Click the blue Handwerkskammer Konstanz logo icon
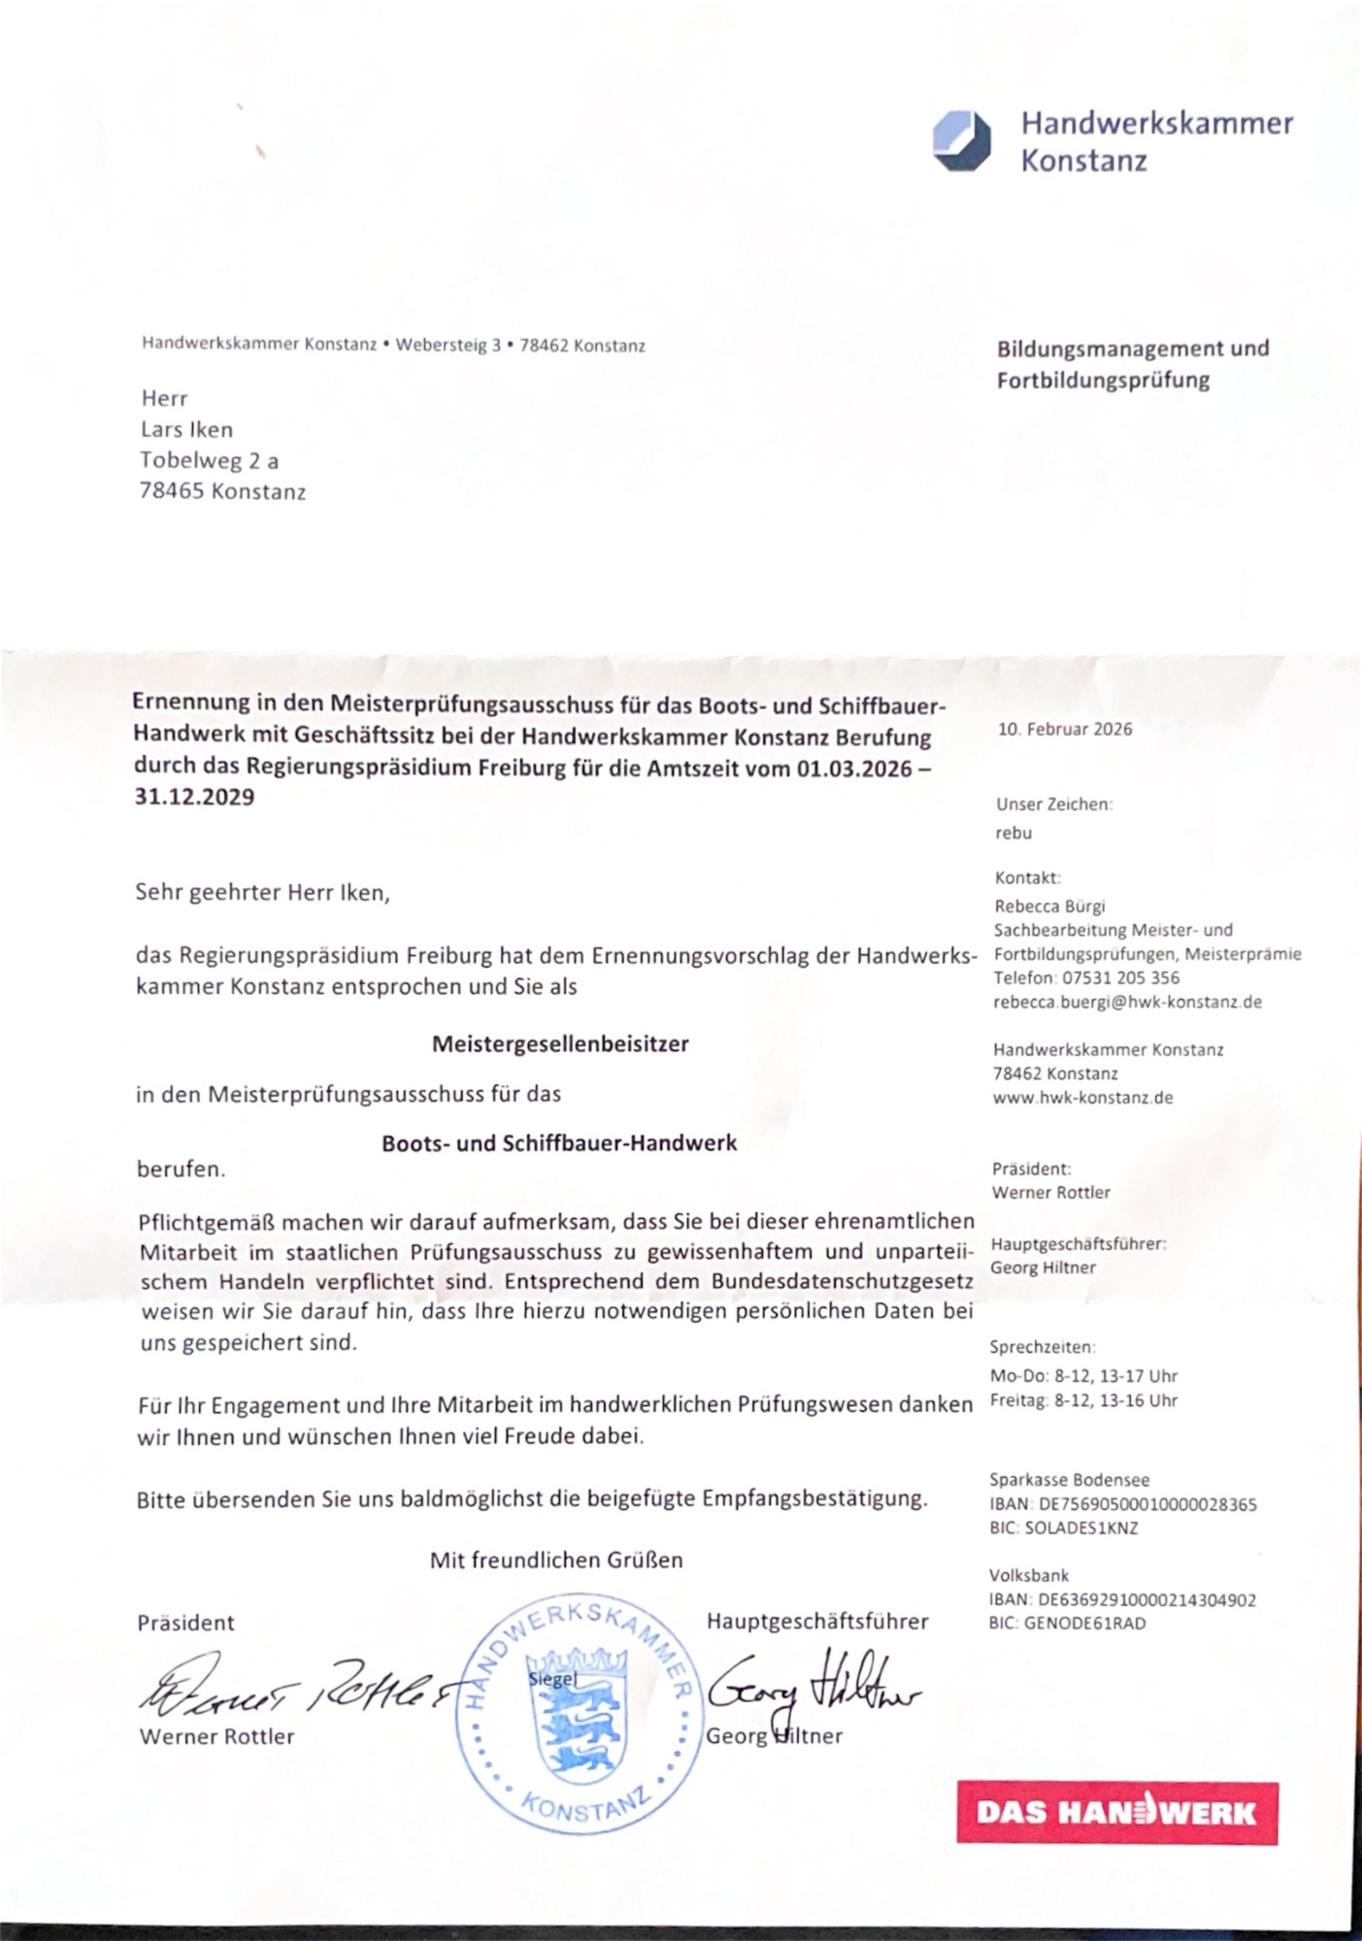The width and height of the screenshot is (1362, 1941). pyautogui.click(x=961, y=142)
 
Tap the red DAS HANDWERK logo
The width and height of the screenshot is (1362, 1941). pyautogui.click(x=1116, y=1812)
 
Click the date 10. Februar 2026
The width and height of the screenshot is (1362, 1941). pyautogui.click(x=1064, y=730)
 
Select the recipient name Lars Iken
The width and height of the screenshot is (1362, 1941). pyautogui.click(x=186, y=429)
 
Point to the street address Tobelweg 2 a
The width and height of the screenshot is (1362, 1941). pyautogui.click(x=209, y=460)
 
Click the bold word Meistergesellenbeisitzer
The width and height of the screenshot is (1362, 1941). pyautogui.click(x=560, y=1044)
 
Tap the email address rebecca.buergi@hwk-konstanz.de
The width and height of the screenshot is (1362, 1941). pyautogui.click(x=1127, y=1003)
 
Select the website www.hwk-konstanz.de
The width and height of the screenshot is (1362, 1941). pyautogui.click(x=1082, y=1098)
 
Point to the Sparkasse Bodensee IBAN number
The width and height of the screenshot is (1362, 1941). pyautogui.click(x=1146, y=1504)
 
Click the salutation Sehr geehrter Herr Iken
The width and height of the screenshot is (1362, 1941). pyautogui.click(x=262, y=893)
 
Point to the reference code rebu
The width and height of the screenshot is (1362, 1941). pyautogui.click(x=1013, y=833)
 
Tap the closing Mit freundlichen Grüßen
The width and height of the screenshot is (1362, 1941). pyautogui.click(x=556, y=1560)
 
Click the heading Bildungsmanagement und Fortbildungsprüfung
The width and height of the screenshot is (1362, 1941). pyautogui.click(x=1132, y=364)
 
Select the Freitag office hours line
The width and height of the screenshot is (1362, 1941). pyautogui.click(x=1082, y=1400)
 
